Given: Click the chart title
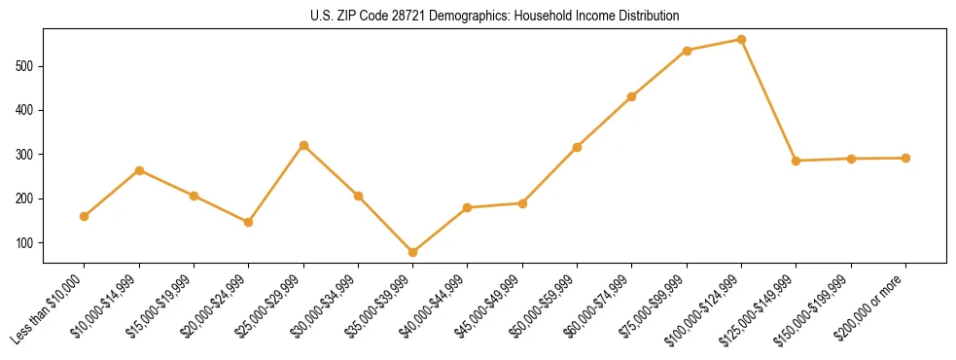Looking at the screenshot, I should [494, 16].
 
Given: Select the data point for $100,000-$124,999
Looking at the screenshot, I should [742, 40].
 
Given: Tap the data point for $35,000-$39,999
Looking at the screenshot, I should [413, 252].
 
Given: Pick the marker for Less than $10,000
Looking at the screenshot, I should [85, 216].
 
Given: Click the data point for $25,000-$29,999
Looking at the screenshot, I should [303, 146].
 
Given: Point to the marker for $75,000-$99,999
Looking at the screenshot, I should [688, 51].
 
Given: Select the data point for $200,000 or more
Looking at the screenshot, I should [906, 158].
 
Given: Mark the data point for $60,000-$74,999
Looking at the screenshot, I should [632, 96].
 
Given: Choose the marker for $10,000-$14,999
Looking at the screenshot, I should [139, 170].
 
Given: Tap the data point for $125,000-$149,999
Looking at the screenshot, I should [797, 161].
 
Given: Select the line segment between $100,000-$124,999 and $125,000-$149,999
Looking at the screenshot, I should [769, 100].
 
